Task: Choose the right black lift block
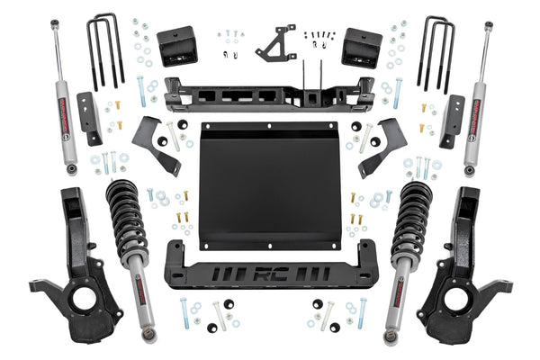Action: pyautogui.click(x=362, y=47)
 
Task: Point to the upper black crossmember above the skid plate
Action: pyautogui.click(x=270, y=93)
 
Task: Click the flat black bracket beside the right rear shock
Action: pyautogui.click(x=453, y=118)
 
